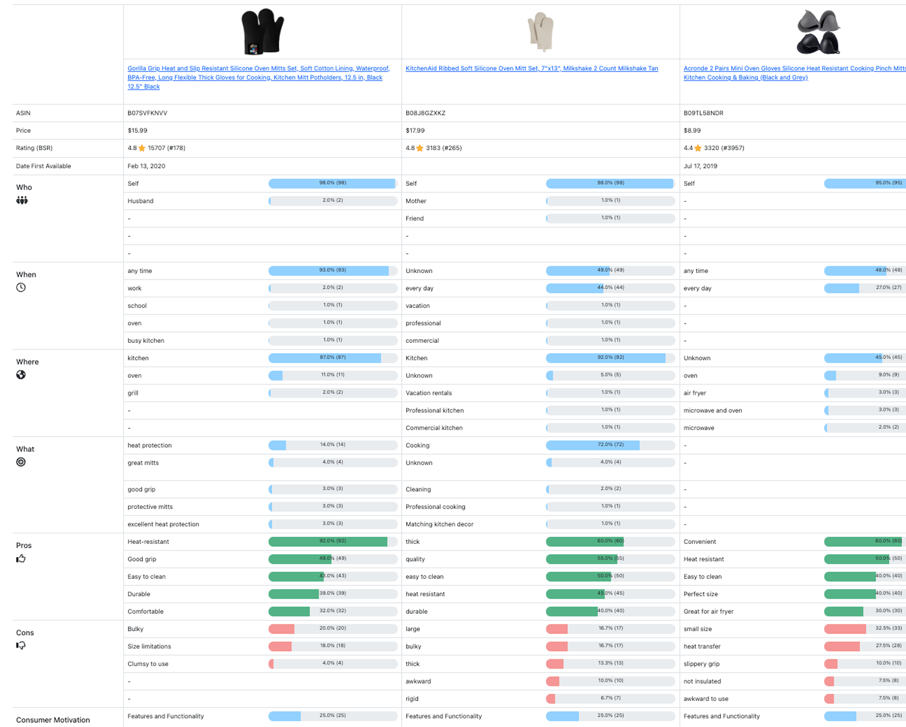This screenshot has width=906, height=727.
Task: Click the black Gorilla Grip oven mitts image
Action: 262,32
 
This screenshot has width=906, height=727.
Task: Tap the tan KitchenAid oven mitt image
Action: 540,32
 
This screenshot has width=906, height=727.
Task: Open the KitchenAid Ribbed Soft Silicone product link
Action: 532,69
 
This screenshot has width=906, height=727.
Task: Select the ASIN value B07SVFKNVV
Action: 148,113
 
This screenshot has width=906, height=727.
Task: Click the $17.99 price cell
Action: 415,131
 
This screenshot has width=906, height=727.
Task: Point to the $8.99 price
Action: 692,131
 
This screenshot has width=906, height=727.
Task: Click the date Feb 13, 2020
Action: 146,166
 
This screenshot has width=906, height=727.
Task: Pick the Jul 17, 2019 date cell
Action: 700,166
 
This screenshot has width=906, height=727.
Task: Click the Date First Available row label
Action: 44,166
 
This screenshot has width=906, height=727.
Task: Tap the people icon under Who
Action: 22,200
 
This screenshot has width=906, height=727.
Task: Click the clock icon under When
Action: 21,287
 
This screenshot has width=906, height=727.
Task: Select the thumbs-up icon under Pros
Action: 21,559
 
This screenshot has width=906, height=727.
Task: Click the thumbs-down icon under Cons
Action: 21,645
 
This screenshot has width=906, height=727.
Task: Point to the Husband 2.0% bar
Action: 332,201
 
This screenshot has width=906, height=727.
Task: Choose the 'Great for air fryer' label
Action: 708,612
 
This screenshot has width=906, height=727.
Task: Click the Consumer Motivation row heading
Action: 53,720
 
